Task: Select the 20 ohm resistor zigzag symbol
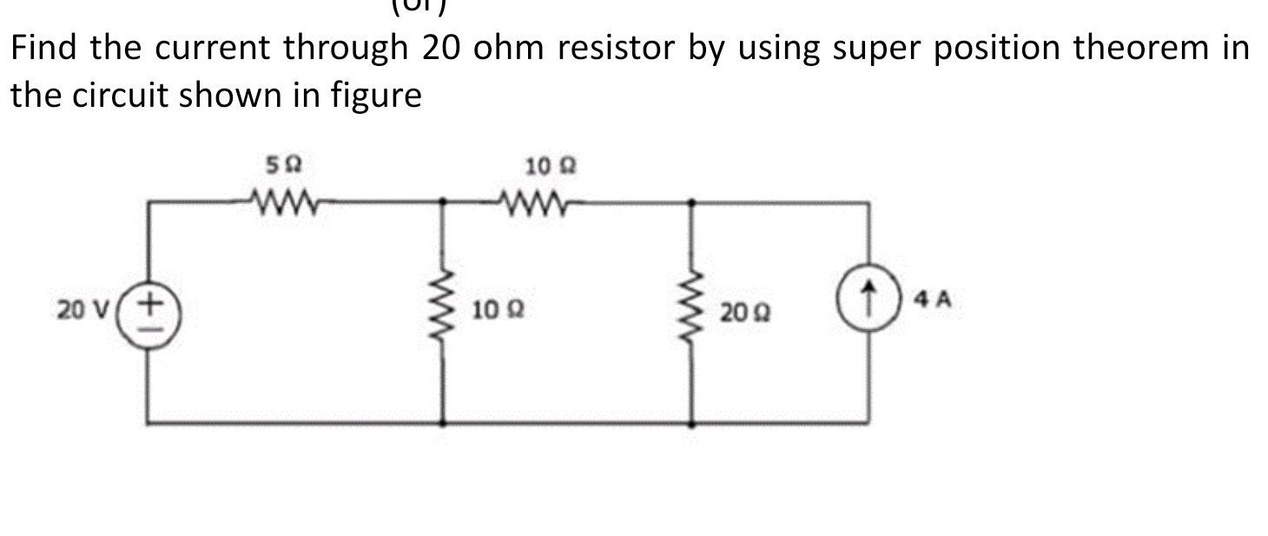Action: coord(691,309)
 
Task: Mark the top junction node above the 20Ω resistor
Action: coord(691,202)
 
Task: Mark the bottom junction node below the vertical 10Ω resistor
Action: coord(444,424)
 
